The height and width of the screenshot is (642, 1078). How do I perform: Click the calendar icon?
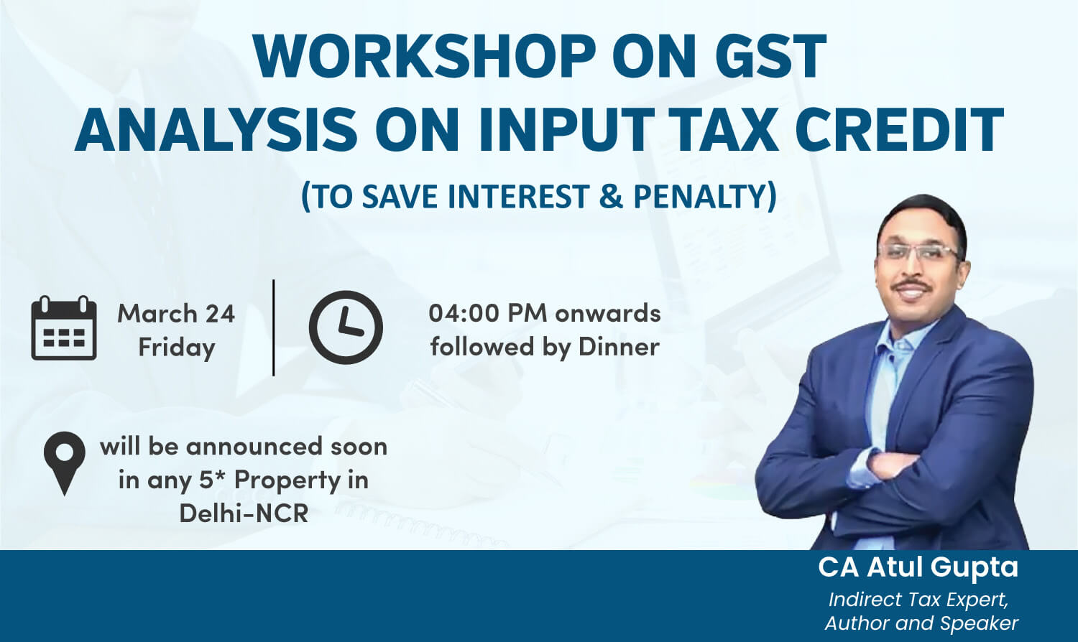tap(64, 328)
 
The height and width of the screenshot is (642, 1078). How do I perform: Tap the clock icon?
tap(346, 327)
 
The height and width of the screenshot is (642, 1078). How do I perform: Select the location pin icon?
tap(65, 463)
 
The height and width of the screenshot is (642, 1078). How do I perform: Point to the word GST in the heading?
tap(771, 56)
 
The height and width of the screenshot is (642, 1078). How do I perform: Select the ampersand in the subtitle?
tap(611, 196)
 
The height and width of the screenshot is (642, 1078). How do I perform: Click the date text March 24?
tap(176, 314)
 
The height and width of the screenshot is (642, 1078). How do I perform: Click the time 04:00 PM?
tap(488, 314)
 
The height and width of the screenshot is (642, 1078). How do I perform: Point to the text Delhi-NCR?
tap(244, 513)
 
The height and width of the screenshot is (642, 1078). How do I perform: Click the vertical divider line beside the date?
tap(273, 327)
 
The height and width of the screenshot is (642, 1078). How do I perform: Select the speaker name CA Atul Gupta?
tap(918, 567)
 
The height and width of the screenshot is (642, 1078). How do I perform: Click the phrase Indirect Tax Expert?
tap(918, 600)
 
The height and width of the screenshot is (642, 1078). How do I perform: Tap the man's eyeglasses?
tap(920, 251)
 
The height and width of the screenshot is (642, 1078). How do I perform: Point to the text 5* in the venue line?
tap(213, 479)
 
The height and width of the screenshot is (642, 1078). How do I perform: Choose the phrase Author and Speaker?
tap(921, 623)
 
